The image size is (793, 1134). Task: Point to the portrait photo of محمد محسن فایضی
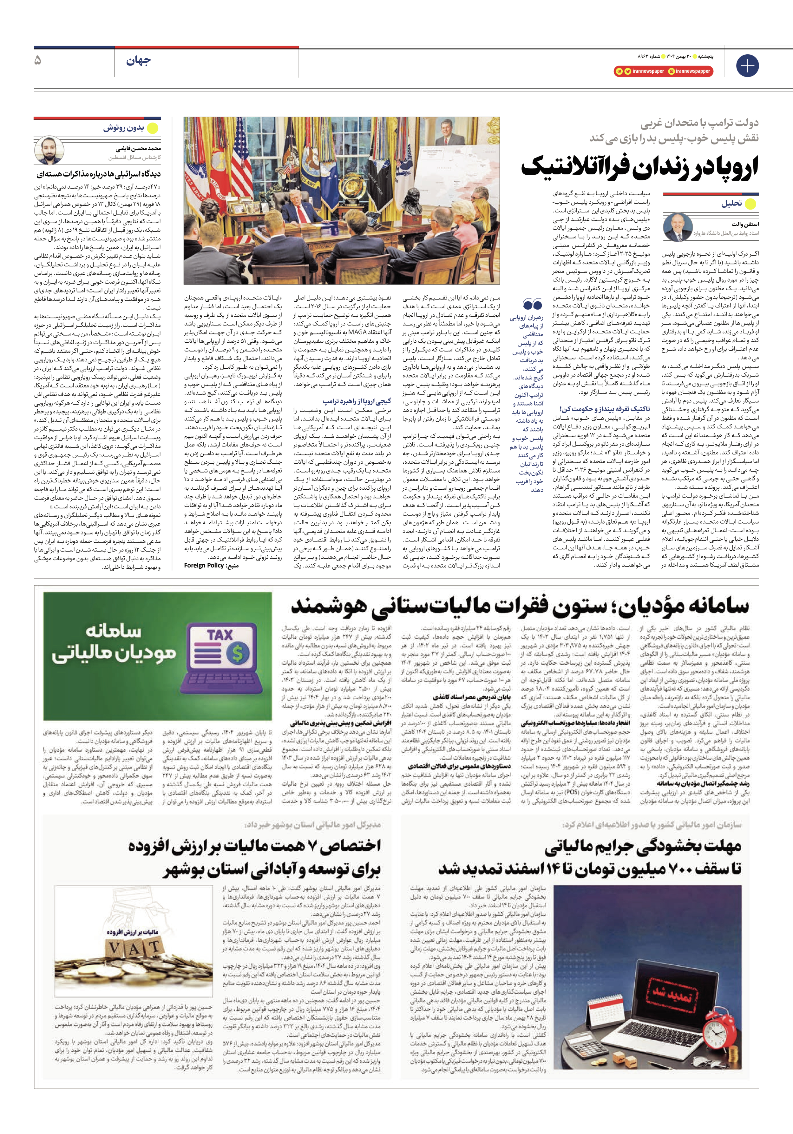pyautogui.click(x=49, y=150)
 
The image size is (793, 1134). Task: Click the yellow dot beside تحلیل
pyautogui.click(x=750, y=204)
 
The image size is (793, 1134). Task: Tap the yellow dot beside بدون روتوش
pyautogui.click(x=153, y=128)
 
